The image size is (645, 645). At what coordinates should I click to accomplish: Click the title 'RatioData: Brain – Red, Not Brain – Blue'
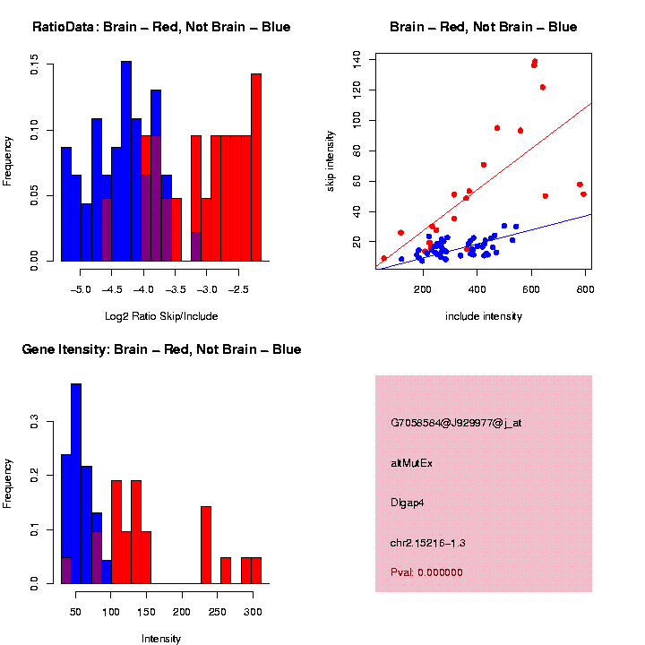(x=161, y=27)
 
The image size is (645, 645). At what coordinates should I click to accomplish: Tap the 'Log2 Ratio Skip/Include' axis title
(x=161, y=316)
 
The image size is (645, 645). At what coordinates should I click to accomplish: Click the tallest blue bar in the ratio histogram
(x=126, y=161)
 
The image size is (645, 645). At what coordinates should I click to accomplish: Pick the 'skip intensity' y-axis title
(x=355, y=161)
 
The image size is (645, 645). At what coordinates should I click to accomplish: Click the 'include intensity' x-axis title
(x=484, y=316)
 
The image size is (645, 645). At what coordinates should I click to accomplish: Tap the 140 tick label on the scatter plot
(x=357, y=59)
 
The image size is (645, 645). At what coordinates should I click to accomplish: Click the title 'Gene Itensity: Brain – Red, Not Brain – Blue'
(x=161, y=348)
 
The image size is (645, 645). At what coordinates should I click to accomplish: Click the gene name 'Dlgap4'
(x=408, y=503)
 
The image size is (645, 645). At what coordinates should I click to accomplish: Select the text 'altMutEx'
(x=412, y=463)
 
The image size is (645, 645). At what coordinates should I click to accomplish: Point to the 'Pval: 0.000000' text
(x=426, y=572)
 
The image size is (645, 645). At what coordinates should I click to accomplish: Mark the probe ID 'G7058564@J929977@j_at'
(x=456, y=423)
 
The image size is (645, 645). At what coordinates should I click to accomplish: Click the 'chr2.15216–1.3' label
(x=428, y=543)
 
